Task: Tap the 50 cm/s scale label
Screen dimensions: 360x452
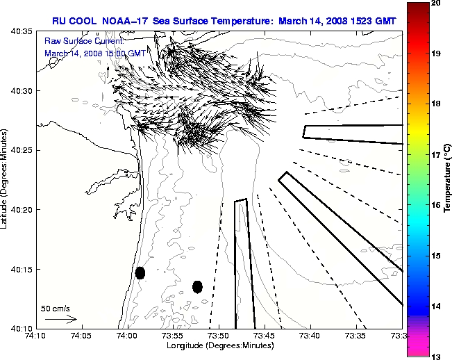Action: (x=56, y=308)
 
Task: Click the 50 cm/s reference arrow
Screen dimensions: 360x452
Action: (x=60, y=319)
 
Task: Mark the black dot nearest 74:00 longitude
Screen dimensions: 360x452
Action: (x=140, y=272)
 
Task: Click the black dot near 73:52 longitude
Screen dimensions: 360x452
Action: (x=197, y=286)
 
